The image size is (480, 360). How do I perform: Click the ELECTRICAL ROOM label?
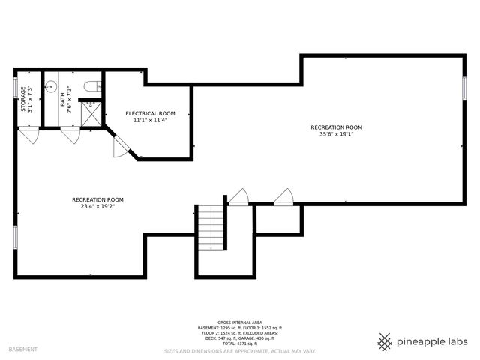150,113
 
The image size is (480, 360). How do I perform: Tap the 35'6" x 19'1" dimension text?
336,135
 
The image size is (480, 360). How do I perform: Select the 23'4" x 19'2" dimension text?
97,207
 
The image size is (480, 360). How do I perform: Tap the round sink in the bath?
52,87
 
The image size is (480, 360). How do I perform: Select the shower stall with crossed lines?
91,113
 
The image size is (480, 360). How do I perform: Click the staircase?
211,228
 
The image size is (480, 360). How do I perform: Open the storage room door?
29,136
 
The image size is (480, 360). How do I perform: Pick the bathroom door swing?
71,136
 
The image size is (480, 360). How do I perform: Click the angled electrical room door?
121,147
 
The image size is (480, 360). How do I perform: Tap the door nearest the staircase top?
238,197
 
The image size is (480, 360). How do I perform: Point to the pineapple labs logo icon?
385,341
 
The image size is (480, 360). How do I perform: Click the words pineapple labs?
433,342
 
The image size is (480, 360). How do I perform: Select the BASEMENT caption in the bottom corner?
22,349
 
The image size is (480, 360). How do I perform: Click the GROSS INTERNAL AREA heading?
239,322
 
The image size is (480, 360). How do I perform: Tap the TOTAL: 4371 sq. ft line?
239,343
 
